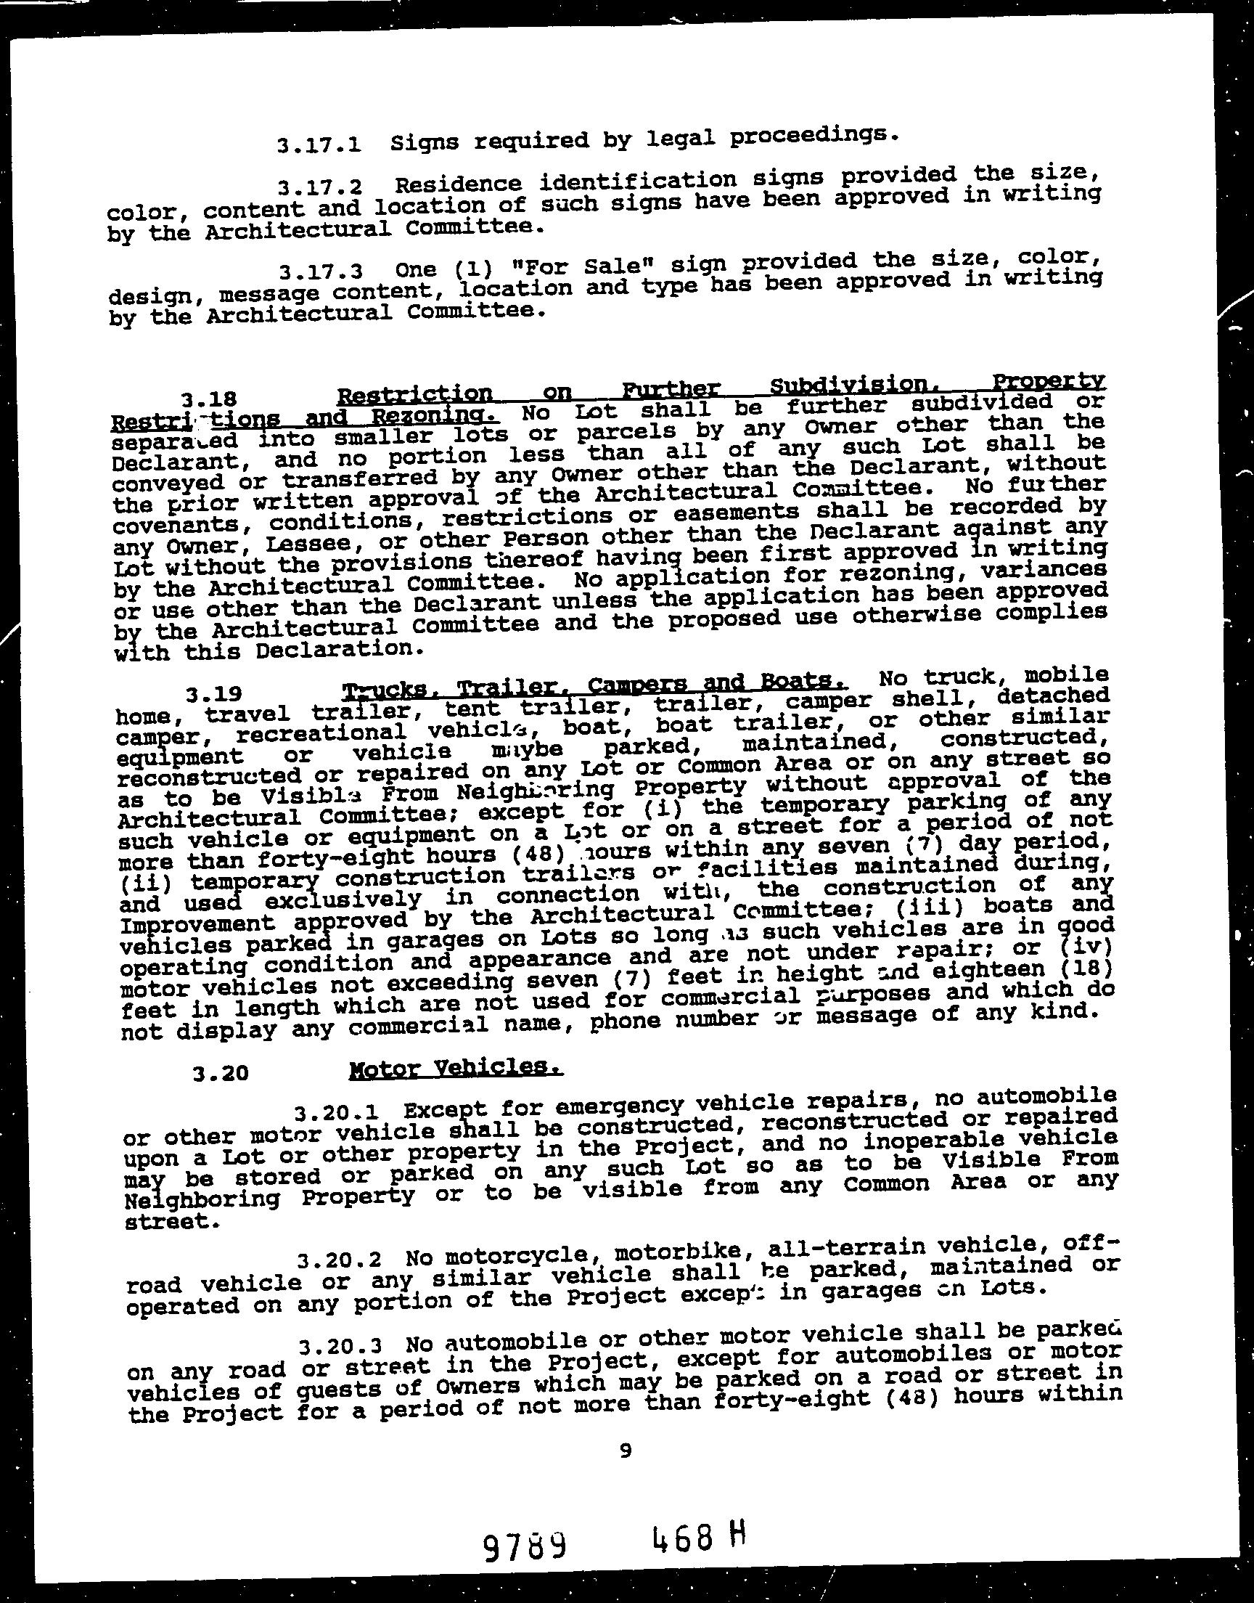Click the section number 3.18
coord(209,399)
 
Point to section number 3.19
coord(213,693)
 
